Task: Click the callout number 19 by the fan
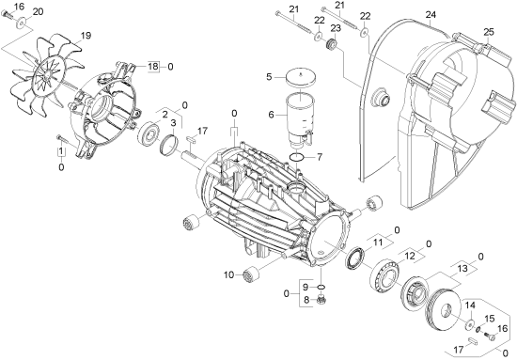86,36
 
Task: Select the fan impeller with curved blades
46,78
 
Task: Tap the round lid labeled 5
300,78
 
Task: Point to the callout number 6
272,115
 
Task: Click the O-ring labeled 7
298,158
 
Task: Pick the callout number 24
431,15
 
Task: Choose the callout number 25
490,32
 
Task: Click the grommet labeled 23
331,45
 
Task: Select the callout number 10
228,274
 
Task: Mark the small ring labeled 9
321,288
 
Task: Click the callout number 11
378,243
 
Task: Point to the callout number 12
410,256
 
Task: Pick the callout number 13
462,268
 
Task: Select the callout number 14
471,305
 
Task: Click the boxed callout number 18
153,66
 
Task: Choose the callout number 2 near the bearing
164,115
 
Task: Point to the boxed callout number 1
61,151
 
